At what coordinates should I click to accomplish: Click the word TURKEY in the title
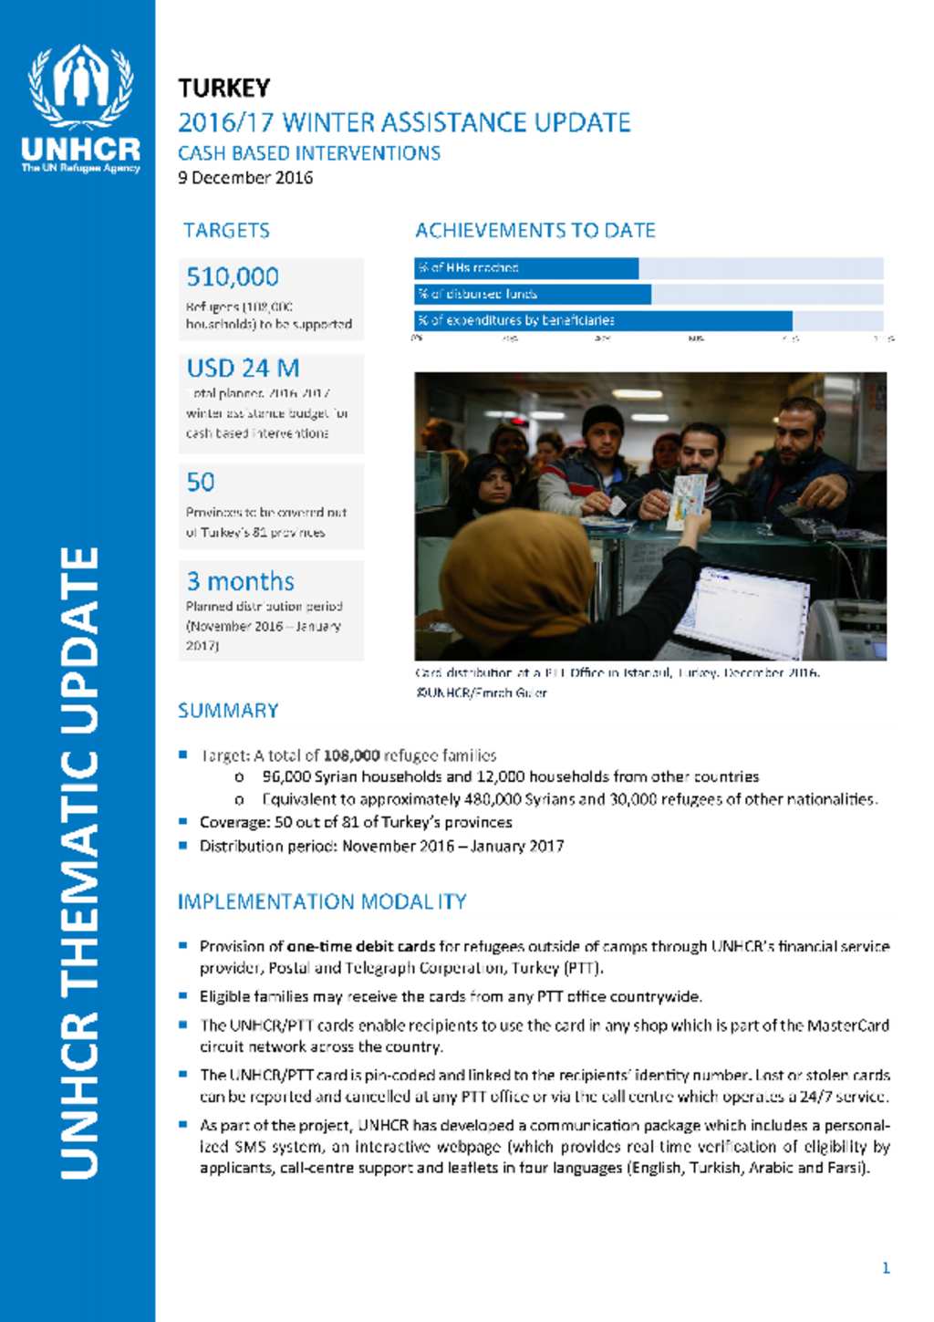point(224,88)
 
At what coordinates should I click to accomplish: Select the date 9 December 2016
point(245,178)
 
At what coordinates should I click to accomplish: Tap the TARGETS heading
point(226,231)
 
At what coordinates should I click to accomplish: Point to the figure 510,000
point(233,277)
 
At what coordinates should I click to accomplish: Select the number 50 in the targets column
point(201,483)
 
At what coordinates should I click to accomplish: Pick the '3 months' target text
point(240,582)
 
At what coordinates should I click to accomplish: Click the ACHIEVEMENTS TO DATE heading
point(535,231)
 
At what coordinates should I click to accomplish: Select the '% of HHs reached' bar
point(527,268)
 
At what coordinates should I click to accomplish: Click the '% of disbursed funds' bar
point(534,294)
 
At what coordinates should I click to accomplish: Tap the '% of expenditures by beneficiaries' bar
point(604,320)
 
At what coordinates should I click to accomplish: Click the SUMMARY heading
point(228,711)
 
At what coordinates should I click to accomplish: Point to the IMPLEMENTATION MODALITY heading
point(322,902)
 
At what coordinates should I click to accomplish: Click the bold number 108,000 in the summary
point(351,755)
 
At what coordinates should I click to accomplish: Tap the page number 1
point(886,1267)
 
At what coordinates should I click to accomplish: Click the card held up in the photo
point(686,500)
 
